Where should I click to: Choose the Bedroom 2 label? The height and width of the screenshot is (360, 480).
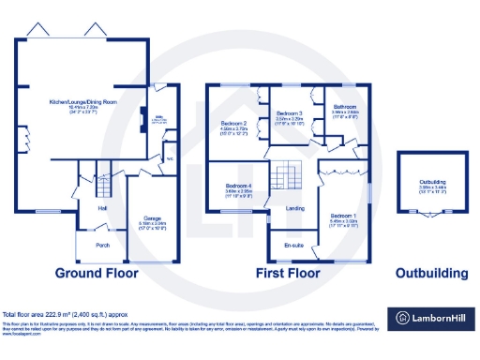pyautogui.click(x=233, y=124)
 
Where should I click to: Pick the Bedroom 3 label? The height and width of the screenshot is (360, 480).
pyautogui.click(x=289, y=112)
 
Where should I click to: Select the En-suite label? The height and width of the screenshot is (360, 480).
pyautogui.click(x=292, y=247)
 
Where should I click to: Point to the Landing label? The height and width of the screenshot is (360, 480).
pyautogui.click(x=295, y=208)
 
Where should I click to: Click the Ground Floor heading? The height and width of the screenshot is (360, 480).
pyautogui.click(x=96, y=274)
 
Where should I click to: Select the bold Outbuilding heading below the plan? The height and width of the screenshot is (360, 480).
pyautogui.click(x=430, y=274)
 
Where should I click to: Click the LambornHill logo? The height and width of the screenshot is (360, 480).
pyautogui.click(x=430, y=317)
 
